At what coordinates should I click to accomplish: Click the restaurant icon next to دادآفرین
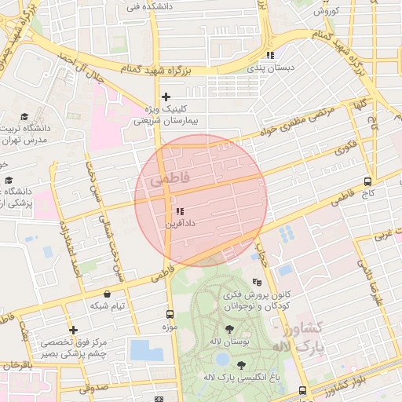click(x=180, y=211)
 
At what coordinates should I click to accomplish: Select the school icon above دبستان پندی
click(x=271, y=56)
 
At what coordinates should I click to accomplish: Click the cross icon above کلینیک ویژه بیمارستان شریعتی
click(x=166, y=97)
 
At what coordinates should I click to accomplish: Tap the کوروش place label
click(x=325, y=11)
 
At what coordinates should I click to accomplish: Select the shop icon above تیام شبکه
click(x=106, y=294)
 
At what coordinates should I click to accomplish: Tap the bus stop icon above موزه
click(x=170, y=313)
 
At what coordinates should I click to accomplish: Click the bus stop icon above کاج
click(x=367, y=181)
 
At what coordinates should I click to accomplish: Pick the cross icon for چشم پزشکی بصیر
click(x=73, y=331)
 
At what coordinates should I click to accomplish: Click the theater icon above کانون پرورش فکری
click(x=257, y=282)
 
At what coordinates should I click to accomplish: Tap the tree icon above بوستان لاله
click(x=229, y=329)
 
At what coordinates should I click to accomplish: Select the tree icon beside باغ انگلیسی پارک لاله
click(x=240, y=365)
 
